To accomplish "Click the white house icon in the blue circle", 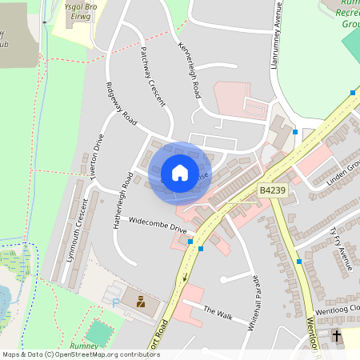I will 180,172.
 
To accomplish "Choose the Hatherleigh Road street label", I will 122,201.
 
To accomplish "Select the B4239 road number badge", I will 272,190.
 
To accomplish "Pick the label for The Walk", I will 218,313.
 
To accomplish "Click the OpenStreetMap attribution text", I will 80,354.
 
